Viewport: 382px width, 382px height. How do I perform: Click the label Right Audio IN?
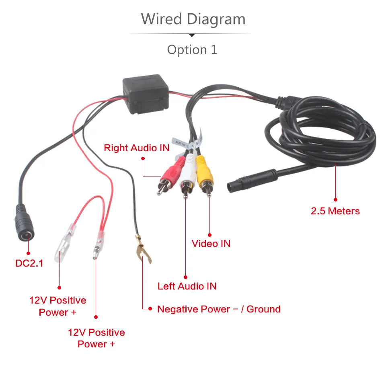click(137, 148)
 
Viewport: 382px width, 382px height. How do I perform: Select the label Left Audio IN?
click(187, 286)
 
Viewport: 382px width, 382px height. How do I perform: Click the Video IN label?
click(211, 243)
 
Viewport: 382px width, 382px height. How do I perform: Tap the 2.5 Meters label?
click(335, 211)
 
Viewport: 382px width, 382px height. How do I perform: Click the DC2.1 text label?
click(29, 263)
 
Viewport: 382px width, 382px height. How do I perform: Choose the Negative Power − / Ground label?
click(219, 309)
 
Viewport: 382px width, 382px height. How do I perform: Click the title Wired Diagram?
click(193, 19)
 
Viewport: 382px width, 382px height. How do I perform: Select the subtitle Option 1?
click(192, 49)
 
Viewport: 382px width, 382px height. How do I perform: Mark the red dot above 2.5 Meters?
click(335, 199)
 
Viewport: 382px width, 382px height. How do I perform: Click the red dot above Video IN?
click(209, 234)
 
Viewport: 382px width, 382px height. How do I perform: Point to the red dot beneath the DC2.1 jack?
click(29, 253)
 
